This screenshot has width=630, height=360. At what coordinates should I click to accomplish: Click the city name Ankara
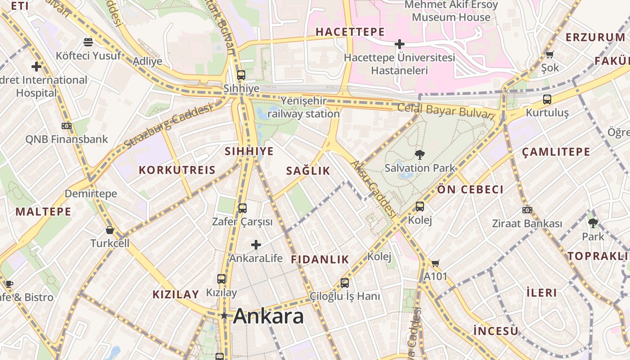click(269, 316)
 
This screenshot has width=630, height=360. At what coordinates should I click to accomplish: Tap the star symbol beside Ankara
click(224, 316)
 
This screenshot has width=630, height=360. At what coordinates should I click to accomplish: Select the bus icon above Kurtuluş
click(547, 99)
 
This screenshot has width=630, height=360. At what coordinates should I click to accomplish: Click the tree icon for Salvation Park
click(419, 155)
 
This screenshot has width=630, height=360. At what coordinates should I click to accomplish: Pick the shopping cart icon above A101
click(435, 263)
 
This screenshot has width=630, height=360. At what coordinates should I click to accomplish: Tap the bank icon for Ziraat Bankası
click(527, 210)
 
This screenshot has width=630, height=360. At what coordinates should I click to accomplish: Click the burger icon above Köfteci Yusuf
click(88, 42)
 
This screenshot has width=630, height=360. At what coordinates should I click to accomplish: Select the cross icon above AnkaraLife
click(256, 245)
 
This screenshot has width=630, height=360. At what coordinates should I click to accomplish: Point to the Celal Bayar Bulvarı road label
click(445, 111)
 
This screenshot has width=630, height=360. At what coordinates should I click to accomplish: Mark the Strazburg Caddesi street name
click(167, 126)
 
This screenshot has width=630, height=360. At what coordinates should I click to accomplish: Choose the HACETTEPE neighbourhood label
click(350, 32)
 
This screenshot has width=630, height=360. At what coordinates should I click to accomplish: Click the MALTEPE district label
click(43, 211)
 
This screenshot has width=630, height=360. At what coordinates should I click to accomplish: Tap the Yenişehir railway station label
click(303, 107)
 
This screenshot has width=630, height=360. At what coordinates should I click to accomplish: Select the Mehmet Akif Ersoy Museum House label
click(451, 11)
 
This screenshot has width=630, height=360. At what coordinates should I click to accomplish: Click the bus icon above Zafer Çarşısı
click(242, 208)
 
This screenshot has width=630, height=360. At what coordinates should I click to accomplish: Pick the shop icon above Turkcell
click(110, 230)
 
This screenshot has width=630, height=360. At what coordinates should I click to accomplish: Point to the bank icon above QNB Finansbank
click(67, 126)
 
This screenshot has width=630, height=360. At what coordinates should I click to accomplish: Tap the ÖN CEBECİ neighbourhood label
click(470, 189)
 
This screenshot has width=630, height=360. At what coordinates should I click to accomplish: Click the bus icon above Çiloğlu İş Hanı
click(345, 283)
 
